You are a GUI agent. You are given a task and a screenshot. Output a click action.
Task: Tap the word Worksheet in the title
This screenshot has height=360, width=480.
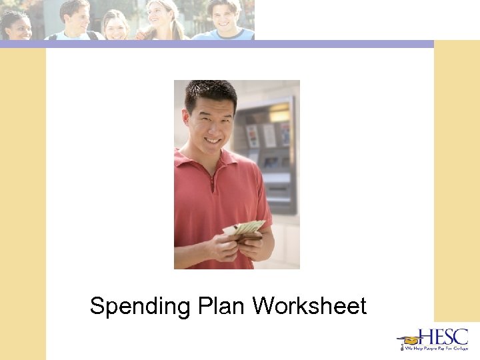(x=309, y=307)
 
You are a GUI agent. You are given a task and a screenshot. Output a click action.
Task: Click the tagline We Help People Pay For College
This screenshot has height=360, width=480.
(x=433, y=348)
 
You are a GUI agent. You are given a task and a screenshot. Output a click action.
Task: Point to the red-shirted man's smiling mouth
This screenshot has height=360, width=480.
(x=213, y=141)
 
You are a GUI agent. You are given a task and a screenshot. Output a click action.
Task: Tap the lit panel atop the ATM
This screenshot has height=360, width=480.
(x=279, y=111)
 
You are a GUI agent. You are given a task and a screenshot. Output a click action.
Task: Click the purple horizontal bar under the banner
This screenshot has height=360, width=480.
(x=216, y=44)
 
